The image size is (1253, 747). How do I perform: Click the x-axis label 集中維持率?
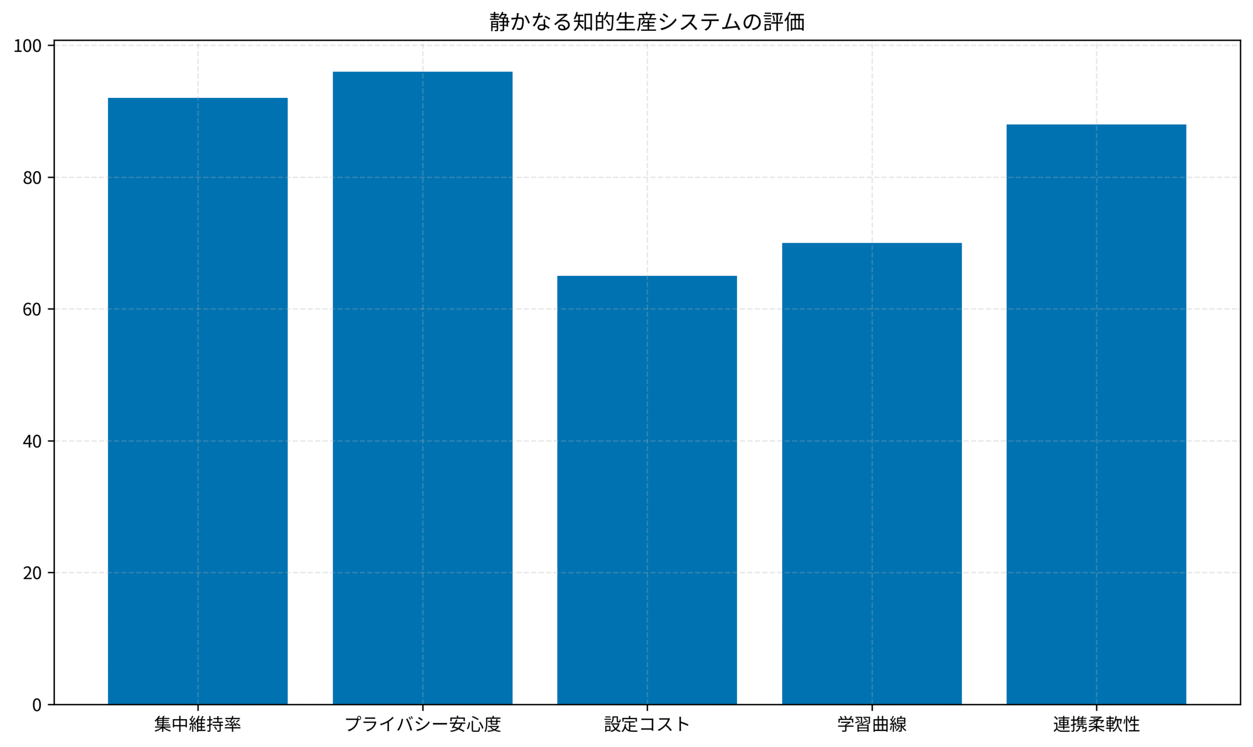click(197, 724)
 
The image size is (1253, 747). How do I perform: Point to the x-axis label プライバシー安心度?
click(422, 724)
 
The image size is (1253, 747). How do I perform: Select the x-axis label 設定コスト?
click(647, 724)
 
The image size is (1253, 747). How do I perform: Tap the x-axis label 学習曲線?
click(872, 724)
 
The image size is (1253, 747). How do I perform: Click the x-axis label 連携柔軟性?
click(1096, 724)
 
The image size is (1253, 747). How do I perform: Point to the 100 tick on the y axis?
click(27, 46)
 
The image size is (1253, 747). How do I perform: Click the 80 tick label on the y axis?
click(32, 178)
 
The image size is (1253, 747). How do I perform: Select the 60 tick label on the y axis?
click(32, 310)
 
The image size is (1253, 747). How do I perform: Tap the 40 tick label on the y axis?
click(32, 441)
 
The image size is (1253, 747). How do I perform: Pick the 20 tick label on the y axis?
click(32, 573)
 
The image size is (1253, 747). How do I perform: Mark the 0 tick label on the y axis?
click(37, 705)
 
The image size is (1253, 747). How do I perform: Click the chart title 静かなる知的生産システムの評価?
click(647, 22)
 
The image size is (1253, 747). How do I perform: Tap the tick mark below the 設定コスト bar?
click(647, 708)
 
